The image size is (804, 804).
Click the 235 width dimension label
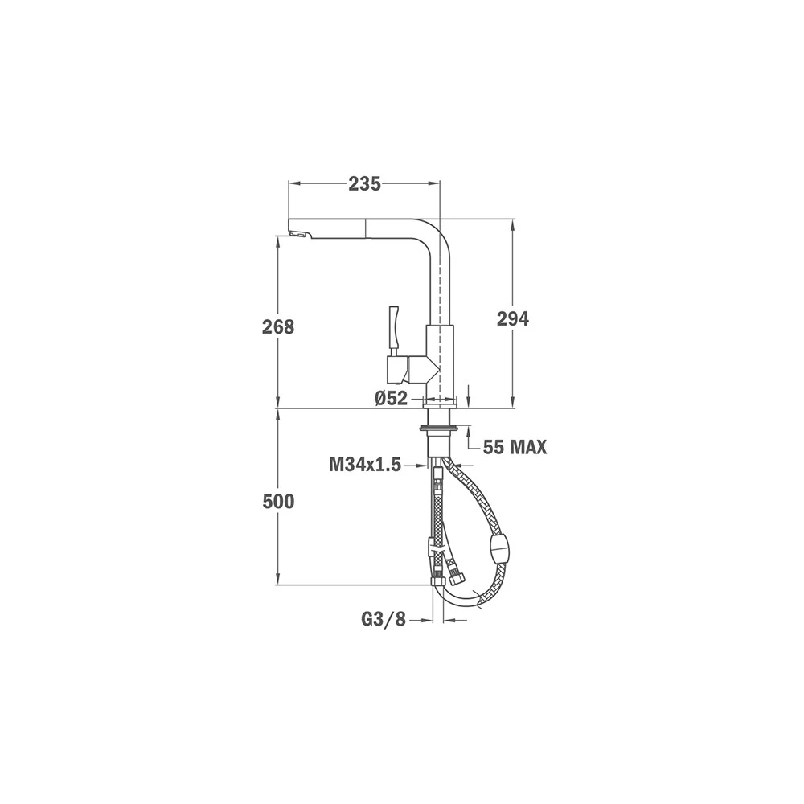point(364,183)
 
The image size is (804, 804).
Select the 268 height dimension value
point(278,326)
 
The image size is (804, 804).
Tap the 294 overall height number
point(512,319)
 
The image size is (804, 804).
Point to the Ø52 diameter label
point(391,398)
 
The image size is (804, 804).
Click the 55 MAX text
point(515,448)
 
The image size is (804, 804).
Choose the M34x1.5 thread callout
point(364,465)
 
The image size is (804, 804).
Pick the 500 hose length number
point(278,502)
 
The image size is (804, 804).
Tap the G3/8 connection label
point(384,620)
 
